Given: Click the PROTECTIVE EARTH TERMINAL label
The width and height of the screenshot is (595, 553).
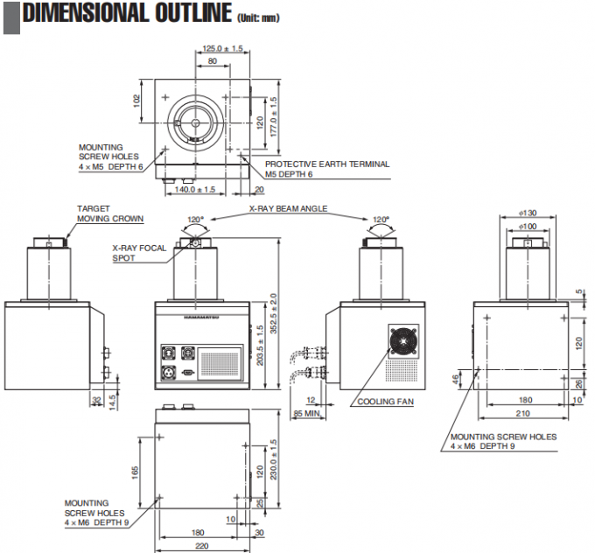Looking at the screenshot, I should pos(327,164).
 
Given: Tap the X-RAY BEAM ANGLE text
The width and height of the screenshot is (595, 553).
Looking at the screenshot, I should pos(288,209).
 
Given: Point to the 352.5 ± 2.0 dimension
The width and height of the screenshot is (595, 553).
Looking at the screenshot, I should pos(274,316).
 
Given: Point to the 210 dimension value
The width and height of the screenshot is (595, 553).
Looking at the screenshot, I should pos(522,412).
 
